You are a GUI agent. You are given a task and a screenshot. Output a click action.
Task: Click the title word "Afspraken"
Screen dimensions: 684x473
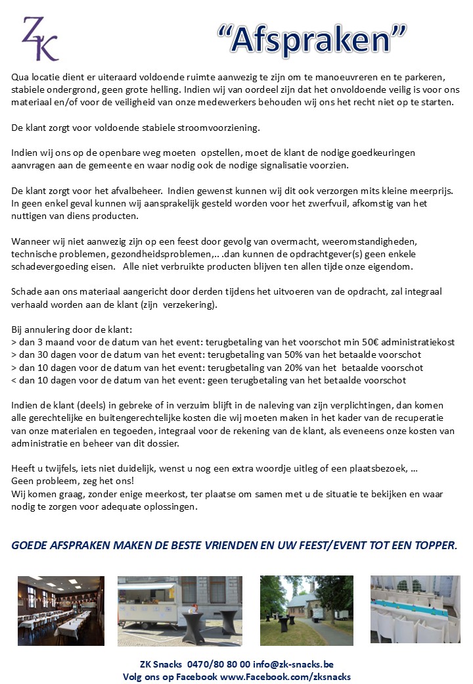pyautogui.click(x=312, y=40)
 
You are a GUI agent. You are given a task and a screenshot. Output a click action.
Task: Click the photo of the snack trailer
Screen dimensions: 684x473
pyautogui.click(x=179, y=611)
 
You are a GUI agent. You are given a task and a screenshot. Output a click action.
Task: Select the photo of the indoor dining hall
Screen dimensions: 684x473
pyautogui.click(x=60, y=611)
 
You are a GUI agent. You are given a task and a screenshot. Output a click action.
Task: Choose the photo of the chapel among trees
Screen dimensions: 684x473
pyautogui.click(x=306, y=611)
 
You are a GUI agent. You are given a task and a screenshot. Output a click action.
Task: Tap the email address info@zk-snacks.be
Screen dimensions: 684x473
pyautogui.click(x=298, y=665)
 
